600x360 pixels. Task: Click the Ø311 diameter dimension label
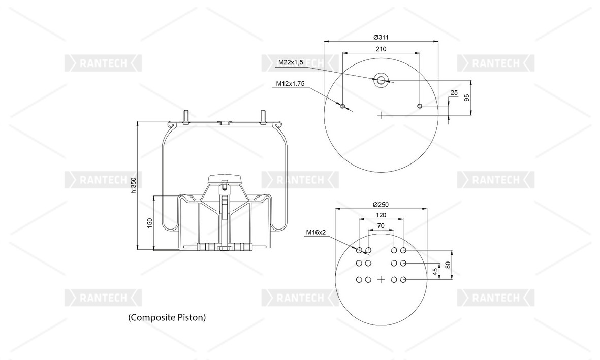pyautogui.click(x=381, y=37)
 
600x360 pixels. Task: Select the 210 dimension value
pyautogui.click(x=381, y=49)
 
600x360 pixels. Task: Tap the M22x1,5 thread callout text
pyautogui.click(x=291, y=62)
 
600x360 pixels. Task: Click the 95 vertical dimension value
pyautogui.click(x=466, y=97)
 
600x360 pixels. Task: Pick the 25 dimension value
pyautogui.click(x=454, y=92)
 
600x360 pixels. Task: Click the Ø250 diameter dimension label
pyautogui.click(x=381, y=204)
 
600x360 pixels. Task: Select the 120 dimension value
pyautogui.click(x=381, y=215)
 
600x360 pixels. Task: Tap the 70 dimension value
pyautogui.click(x=381, y=226)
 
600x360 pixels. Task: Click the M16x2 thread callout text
pyautogui.click(x=315, y=232)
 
